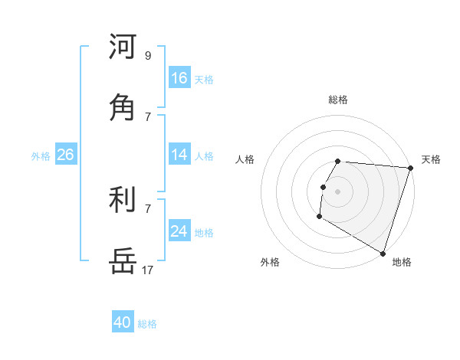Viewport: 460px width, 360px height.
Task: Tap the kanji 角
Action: tap(123, 107)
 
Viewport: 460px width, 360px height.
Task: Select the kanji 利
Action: tap(123, 201)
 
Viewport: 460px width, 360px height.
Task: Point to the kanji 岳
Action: tap(123, 261)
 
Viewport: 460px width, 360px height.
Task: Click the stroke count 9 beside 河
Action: tap(147, 55)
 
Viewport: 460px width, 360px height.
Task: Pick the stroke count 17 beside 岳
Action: tap(147, 270)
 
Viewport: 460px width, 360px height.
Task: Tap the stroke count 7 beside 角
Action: tap(147, 116)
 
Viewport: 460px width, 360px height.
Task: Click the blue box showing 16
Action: tap(179, 78)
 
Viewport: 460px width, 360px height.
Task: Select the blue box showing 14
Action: tap(179, 155)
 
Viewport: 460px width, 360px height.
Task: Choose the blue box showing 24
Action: tap(179, 231)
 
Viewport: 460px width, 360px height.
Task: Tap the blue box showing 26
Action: tap(65, 155)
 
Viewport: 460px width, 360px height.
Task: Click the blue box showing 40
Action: tap(123, 322)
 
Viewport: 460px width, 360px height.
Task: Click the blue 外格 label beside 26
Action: tap(41, 156)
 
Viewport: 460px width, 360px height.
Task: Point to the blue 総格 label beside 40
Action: tap(147, 324)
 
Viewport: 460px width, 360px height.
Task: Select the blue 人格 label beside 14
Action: tap(204, 156)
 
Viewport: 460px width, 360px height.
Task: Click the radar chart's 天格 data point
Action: tap(410, 168)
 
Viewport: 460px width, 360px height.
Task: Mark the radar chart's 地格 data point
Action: tap(382, 252)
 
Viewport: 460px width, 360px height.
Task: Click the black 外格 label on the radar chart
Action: tap(270, 262)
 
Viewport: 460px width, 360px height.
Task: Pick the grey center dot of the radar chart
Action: tap(338, 191)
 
